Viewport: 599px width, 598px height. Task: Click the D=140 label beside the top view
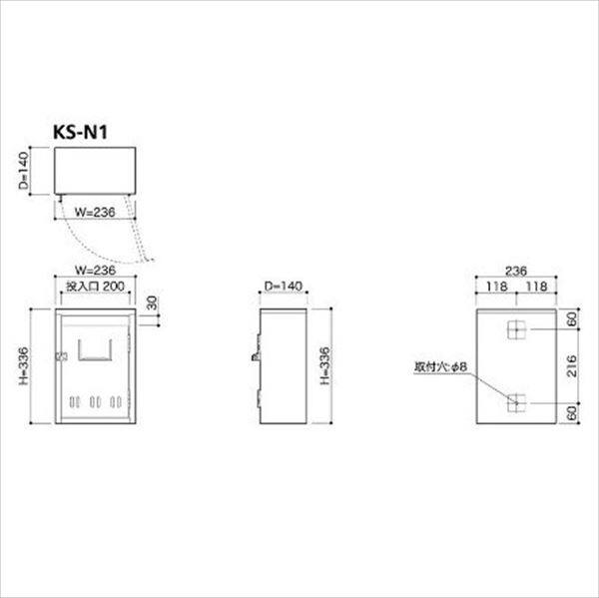34,170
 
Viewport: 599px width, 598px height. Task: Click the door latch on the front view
62,356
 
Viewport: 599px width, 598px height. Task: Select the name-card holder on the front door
96,349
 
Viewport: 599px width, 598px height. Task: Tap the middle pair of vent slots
96,403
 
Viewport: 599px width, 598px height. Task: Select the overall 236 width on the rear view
514,270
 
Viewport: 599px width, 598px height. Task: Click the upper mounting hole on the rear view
514,329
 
